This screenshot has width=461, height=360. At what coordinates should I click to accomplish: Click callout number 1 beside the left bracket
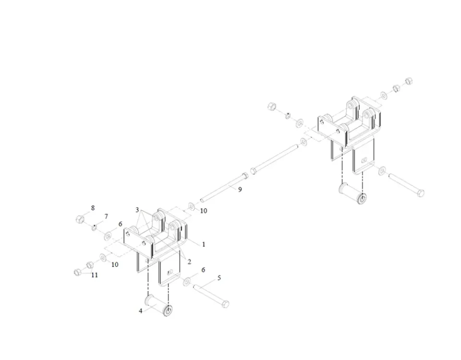(204, 244)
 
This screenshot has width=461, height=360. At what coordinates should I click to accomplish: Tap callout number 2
(189, 262)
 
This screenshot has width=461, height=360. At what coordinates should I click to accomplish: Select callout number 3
(137, 210)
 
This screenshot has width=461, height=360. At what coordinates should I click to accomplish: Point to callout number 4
(141, 311)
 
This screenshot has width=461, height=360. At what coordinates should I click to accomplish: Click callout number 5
(219, 278)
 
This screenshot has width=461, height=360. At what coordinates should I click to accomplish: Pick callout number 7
(106, 216)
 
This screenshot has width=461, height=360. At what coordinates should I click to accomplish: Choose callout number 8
(93, 208)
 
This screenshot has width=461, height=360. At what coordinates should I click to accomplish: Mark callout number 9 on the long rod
(240, 190)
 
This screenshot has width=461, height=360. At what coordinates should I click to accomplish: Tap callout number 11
(95, 275)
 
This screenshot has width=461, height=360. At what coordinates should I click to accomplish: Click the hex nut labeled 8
(79, 219)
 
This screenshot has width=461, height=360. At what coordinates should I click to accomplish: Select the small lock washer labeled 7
(94, 227)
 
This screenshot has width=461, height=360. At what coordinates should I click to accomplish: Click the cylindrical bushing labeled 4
(159, 306)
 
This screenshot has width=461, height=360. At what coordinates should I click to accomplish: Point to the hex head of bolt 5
(225, 303)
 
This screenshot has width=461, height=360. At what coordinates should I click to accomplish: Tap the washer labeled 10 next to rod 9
(192, 206)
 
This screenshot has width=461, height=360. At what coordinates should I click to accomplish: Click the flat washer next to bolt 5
(187, 282)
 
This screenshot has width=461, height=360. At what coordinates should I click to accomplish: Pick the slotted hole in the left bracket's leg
(170, 272)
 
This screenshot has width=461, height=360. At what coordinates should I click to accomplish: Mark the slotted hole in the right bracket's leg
(364, 160)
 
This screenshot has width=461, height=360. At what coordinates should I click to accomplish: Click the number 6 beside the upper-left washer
(120, 224)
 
